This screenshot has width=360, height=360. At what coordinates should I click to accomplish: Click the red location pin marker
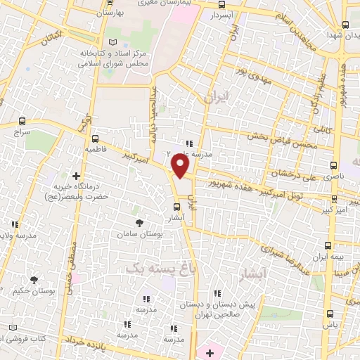click(x=181, y=166)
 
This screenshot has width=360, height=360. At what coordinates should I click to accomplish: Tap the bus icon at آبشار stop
click(x=176, y=207)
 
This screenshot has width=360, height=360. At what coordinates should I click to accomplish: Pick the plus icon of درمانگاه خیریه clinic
click(x=75, y=176)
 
